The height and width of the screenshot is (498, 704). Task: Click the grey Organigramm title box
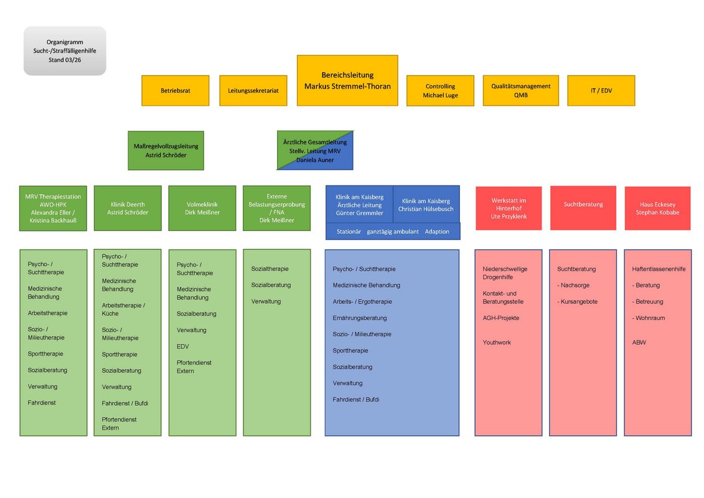point(65,50)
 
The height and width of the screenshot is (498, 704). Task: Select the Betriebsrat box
point(176,90)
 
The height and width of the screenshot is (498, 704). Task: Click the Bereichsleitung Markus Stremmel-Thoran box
point(347,80)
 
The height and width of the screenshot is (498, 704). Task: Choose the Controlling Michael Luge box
point(440,91)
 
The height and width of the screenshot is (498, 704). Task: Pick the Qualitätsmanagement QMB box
point(520,91)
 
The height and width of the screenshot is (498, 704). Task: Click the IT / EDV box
point(601,90)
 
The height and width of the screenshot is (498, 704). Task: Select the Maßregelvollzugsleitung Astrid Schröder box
point(166,150)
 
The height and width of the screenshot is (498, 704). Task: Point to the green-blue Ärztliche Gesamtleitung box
point(314,150)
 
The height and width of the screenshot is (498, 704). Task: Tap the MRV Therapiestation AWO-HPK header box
point(53,208)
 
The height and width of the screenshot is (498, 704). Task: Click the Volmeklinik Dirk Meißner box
point(202,208)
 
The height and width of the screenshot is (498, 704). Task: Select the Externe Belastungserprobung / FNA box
point(276,208)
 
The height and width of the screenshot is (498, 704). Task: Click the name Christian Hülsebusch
point(426,209)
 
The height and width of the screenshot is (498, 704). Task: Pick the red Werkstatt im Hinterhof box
point(509,208)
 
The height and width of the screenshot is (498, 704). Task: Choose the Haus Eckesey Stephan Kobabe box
point(657,208)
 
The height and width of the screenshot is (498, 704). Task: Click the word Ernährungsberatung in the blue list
point(360,318)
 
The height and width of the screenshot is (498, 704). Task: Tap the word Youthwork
point(497,342)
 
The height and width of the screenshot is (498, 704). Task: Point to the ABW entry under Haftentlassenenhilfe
point(639,342)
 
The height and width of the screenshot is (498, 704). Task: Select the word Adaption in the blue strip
point(437,232)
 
